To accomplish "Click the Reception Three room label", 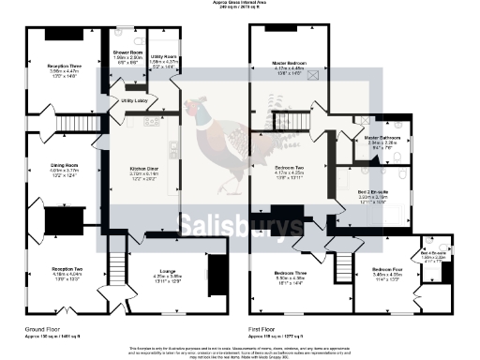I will tap(63, 66).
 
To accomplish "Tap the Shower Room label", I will tap(127, 52).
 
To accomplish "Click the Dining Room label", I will tap(64, 165).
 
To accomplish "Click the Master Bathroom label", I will tap(382, 138).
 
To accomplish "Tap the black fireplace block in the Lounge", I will tap(215, 278).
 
